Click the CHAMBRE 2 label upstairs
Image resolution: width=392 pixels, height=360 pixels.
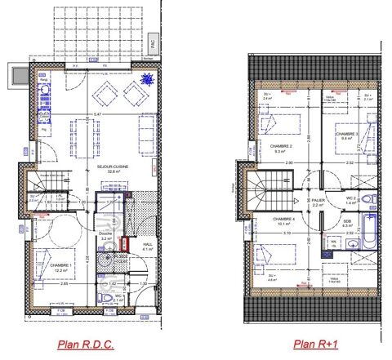pyautogui.click(x=285, y=145)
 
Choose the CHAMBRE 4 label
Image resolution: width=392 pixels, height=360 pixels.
pyautogui.click(x=283, y=219)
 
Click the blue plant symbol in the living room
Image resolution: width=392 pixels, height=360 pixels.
pyautogui.click(x=147, y=80)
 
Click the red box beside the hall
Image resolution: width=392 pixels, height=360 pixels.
pyautogui.click(x=124, y=244)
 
